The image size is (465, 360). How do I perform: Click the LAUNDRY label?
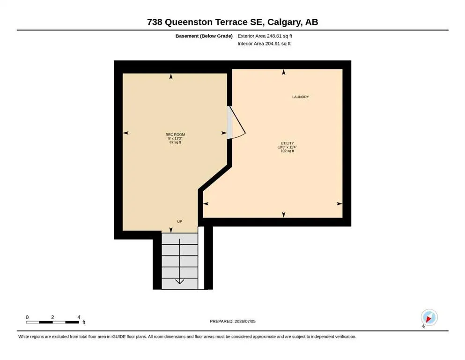(301, 97)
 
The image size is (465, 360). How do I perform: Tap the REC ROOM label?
(175, 135)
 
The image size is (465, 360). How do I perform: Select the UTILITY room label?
(288, 143)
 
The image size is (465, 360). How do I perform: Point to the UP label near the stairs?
(180, 221)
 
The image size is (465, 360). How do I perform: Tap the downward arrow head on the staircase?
(180, 281)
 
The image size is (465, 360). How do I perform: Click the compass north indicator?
(429, 318)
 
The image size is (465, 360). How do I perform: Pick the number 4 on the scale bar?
(79, 317)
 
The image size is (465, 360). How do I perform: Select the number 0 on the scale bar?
(27, 317)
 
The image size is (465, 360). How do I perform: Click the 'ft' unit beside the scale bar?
(84, 322)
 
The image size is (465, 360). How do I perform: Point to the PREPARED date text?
(232, 321)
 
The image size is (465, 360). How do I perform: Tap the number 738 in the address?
(155, 22)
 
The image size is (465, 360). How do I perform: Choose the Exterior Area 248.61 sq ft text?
(265, 36)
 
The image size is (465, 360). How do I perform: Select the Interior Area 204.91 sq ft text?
(264, 44)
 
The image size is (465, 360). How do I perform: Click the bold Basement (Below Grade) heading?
(204, 36)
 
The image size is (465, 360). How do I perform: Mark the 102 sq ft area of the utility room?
(288, 151)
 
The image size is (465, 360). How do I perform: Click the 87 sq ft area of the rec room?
(175, 142)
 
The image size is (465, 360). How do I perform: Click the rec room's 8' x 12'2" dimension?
(175, 138)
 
